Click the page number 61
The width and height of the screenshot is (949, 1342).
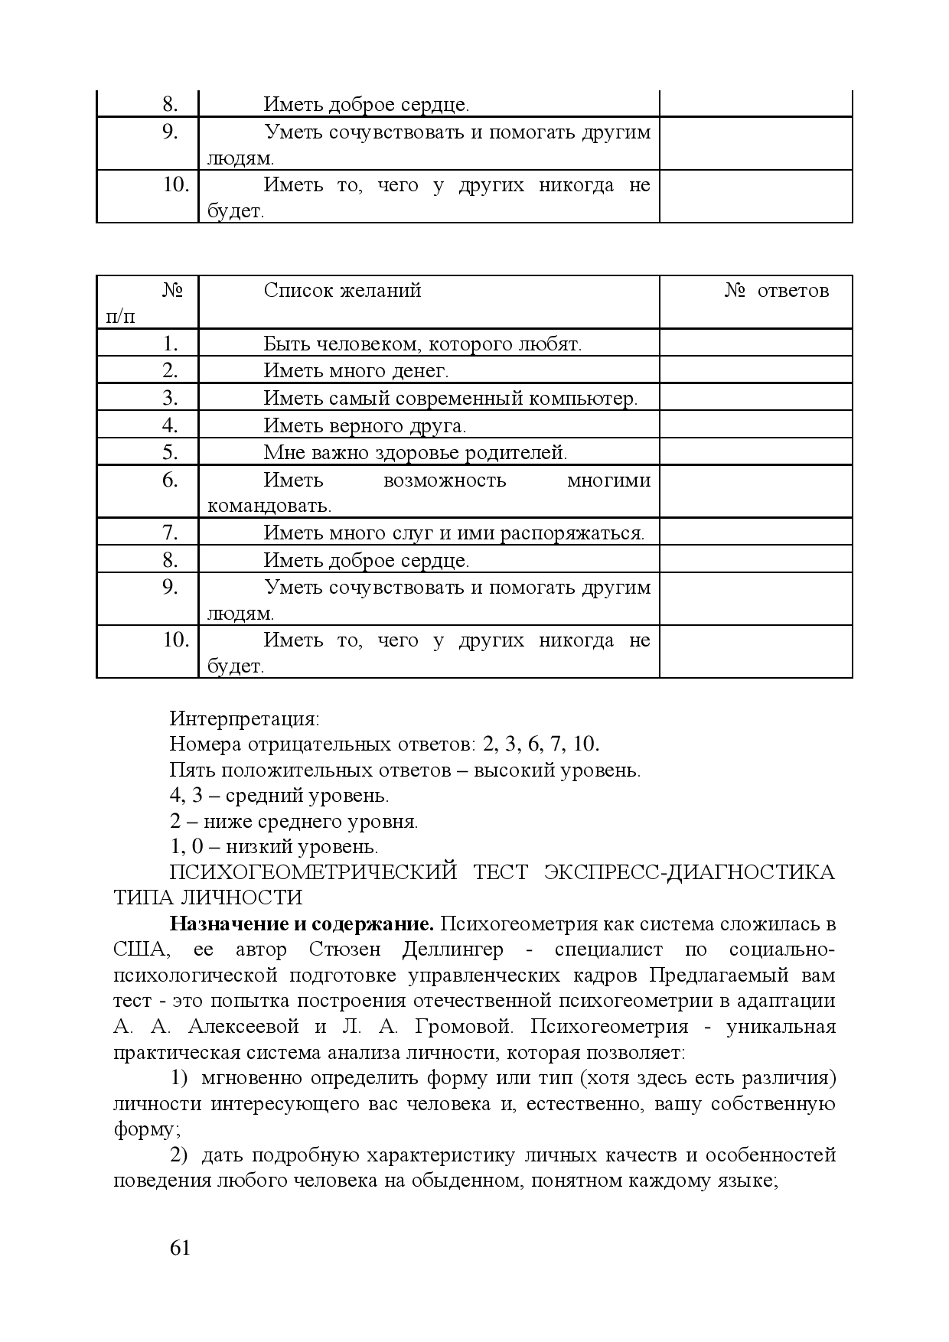point(179,1248)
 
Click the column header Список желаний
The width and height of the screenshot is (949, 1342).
point(342,291)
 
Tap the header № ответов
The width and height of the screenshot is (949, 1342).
point(776,291)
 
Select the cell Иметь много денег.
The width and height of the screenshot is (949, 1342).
point(356,371)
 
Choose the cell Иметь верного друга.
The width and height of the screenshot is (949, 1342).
point(364,425)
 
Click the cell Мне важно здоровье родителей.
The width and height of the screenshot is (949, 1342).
point(416,452)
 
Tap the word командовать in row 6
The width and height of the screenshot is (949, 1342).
point(269,506)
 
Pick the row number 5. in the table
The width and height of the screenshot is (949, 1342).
point(170,452)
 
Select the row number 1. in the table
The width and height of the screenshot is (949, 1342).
point(170,344)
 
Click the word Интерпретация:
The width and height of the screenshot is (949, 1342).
point(244,719)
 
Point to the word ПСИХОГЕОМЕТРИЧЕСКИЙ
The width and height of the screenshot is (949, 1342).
point(313,873)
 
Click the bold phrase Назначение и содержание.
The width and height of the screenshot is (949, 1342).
point(302,923)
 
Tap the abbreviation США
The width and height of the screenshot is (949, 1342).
point(139,949)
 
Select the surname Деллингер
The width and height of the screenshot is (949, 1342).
point(453,949)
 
